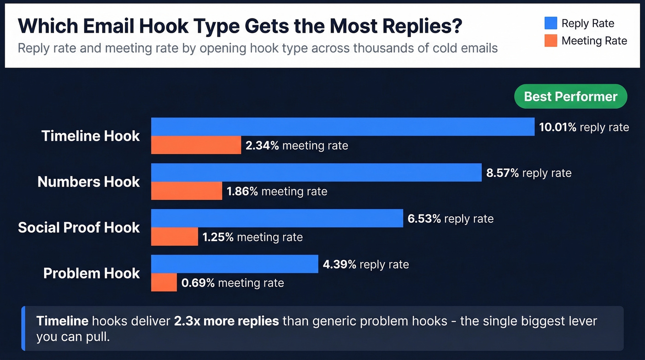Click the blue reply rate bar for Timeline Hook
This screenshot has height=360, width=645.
click(x=343, y=127)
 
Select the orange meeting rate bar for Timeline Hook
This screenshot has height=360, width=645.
click(x=196, y=145)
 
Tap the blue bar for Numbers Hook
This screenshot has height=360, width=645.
click(x=316, y=172)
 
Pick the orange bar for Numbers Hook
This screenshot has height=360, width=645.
click(x=187, y=191)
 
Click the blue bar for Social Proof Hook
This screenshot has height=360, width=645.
click(x=277, y=218)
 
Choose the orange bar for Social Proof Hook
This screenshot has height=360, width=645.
click(x=175, y=236)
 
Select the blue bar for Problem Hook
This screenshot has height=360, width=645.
click(x=235, y=264)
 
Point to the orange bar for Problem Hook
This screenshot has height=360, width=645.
click(x=164, y=282)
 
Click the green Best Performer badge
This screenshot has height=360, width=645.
click(x=570, y=96)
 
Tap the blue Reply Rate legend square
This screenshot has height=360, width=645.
click(x=551, y=23)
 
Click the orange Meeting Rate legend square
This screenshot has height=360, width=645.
click(x=551, y=41)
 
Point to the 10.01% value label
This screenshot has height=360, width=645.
click(x=557, y=127)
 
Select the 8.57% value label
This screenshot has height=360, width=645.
click(x=503, y=173)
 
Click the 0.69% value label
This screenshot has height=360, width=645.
click(x=198, y=283)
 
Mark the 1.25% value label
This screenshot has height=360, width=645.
click(x=218, y=237)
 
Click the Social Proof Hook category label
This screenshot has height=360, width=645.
click(x=79, y=227)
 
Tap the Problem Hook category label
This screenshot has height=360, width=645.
click(x=91, y=273)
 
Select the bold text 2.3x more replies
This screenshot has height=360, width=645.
click(x=226, y=320)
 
